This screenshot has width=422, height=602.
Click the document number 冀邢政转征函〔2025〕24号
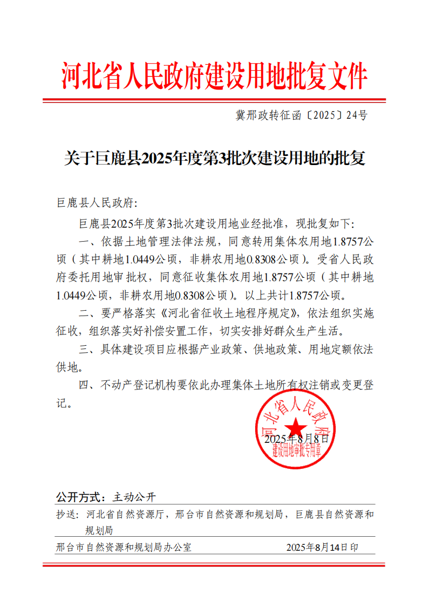tap(301, 115)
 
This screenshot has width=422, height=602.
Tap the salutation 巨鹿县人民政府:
tap(97, 203)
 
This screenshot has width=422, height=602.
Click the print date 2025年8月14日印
tap(322, 547)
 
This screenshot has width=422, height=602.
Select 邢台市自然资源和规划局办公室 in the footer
tap(124, 547)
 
